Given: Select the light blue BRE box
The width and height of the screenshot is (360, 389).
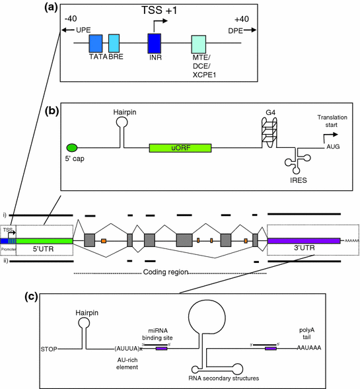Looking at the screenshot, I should [114, 44].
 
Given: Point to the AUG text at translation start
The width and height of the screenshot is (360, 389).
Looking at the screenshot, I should [334, 149].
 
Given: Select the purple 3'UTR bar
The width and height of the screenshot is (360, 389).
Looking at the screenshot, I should [305, 242].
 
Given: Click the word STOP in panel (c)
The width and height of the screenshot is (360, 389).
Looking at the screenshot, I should [51, 348].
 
